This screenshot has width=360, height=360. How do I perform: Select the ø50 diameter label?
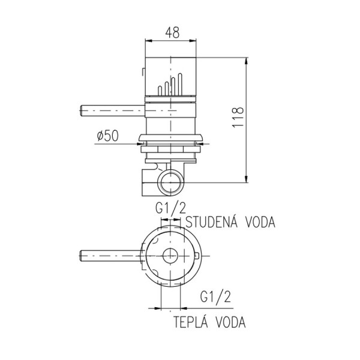[x=106, y=136]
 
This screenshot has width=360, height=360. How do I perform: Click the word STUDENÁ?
[x=211, y=223]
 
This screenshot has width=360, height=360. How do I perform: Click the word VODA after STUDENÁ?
[x=259, y=223]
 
